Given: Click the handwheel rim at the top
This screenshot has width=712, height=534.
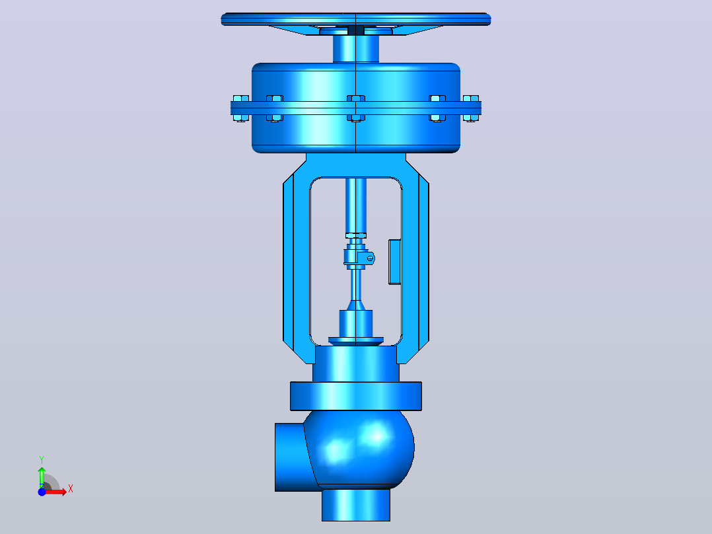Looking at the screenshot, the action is pos(355,19).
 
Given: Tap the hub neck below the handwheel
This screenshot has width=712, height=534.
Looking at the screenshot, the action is pos(356,49).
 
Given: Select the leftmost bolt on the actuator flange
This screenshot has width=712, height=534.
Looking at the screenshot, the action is pos(240,108).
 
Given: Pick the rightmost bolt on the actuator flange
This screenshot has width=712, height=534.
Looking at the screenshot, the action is pos(471,108).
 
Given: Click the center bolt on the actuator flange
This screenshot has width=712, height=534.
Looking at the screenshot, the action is pos(356,108).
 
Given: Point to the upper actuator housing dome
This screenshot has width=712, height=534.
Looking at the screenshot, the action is pos(356,82).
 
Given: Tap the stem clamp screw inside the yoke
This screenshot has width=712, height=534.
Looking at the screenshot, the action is pos(370,258).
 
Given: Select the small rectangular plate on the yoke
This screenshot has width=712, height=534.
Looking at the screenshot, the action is pos(394,262).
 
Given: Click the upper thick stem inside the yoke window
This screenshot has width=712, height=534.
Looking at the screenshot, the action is pos(356,206).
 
